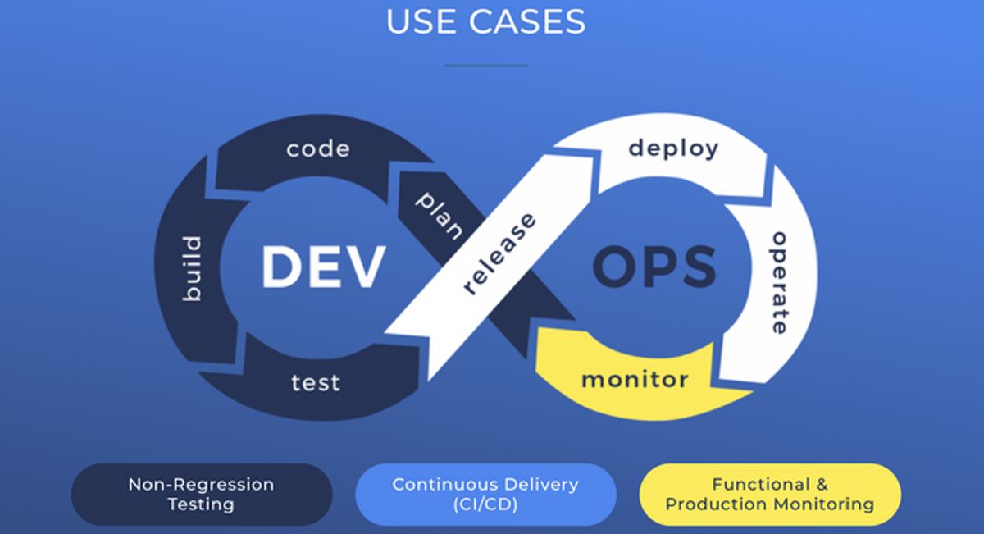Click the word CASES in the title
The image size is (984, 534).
[x=526, y=21]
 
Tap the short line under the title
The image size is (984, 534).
[x=486, y=65]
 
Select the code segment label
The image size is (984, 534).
[x=318, y=149]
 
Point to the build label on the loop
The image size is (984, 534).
[x=191, y=268]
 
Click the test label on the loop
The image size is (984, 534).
[x=316, y=382]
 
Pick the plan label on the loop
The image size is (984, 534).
[x=440, y=215]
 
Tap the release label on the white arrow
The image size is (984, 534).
[x=499, y=253]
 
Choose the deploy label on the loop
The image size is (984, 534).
[x=673, y=148]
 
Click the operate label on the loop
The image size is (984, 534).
[x=780, y=282]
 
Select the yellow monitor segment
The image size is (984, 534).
[x=635, y=380]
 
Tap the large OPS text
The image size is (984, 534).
[x=654, y=267]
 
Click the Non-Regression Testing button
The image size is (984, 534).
[x=202, y=494]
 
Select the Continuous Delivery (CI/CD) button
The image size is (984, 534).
[x=485, y=494]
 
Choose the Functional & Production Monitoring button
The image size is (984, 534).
[x=769, y=494]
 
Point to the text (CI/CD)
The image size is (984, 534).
[x=485, y=504]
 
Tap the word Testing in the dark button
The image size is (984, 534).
[x=202, y=504]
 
